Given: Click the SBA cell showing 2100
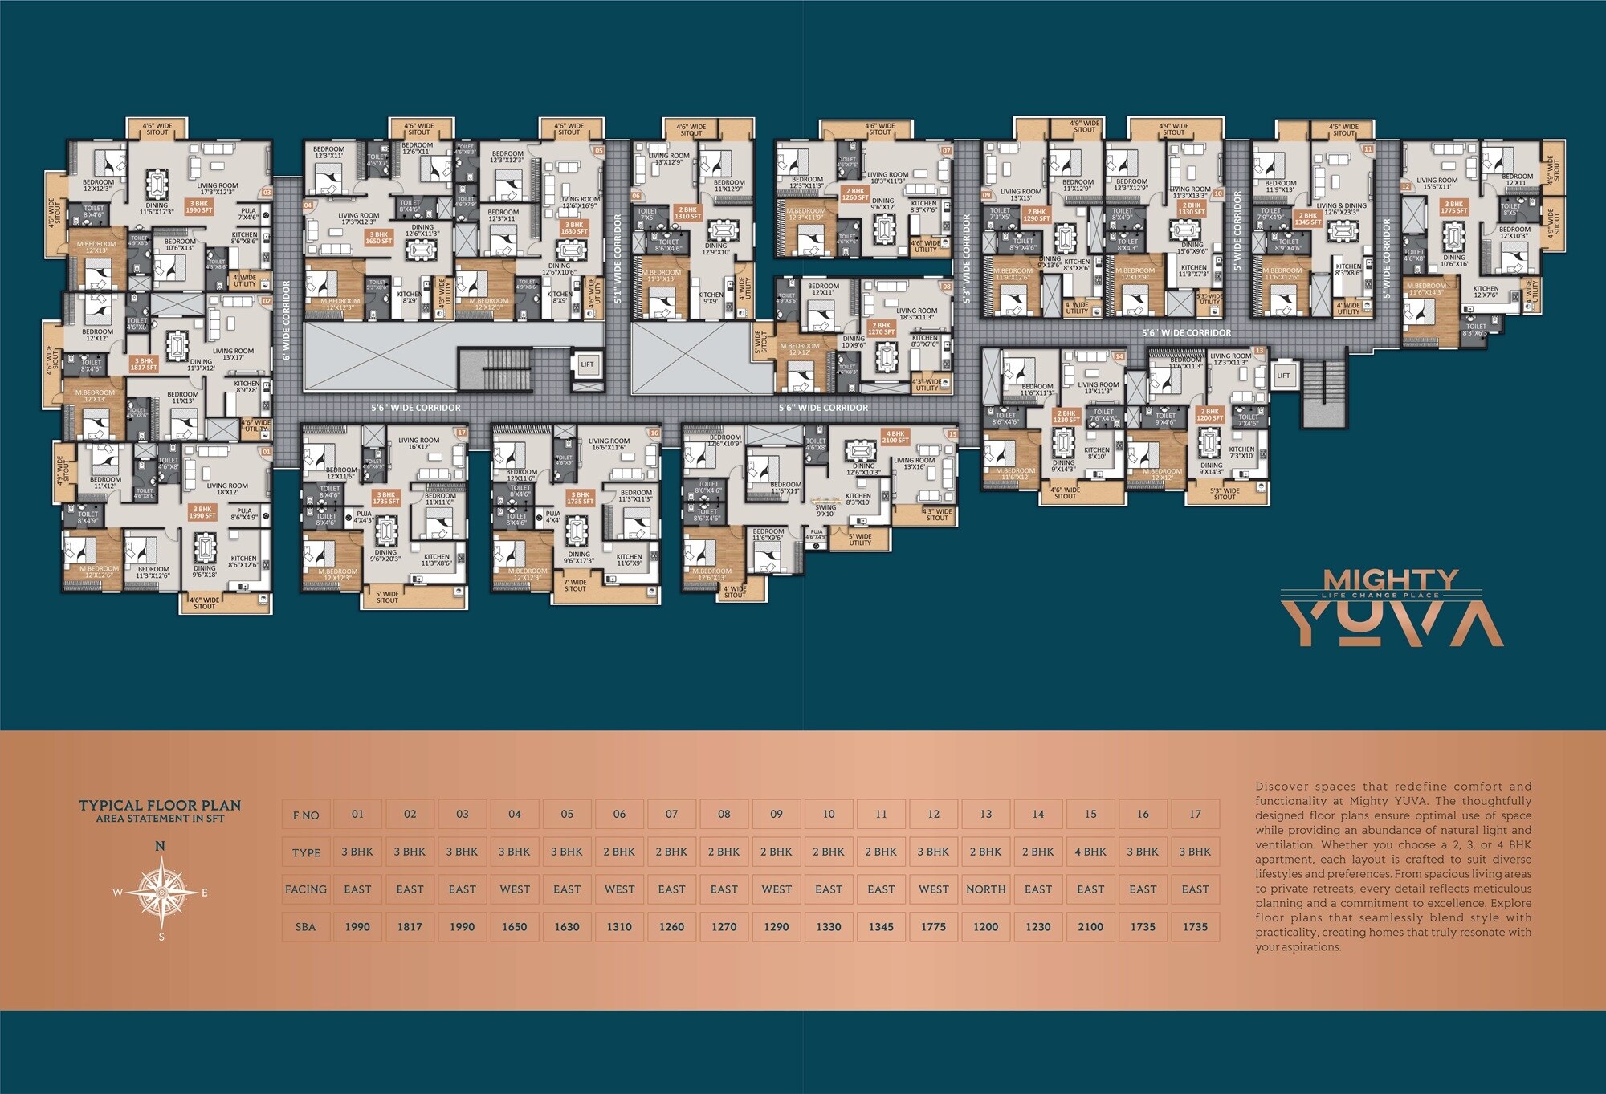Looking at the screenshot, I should tap(1090, 926).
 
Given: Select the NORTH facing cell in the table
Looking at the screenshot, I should tap(985, 889).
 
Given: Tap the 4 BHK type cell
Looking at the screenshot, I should tap(1090, 852).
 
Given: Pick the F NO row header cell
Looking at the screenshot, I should tap(306, 815).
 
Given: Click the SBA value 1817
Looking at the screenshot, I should tap(410, 926).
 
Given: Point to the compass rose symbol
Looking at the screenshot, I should tap(161, 892).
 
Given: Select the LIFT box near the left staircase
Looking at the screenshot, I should tap(587, 364).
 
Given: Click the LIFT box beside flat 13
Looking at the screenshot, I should tap(1283, 375).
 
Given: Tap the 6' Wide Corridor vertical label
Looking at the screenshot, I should tap(286, 320).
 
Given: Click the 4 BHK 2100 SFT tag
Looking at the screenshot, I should tap(895, 437).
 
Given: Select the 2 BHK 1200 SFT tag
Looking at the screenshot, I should tap(1209, 415).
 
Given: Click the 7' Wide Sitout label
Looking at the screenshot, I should tap(575, 586).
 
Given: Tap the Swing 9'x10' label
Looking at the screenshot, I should tap(825, 510).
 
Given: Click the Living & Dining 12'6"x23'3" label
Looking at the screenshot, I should tap(1341, 209).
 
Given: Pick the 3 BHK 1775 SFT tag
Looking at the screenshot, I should tap(1453, 207).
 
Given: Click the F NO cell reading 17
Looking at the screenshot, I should tap(1195, 814).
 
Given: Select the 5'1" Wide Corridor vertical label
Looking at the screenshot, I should tap(618, 257).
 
